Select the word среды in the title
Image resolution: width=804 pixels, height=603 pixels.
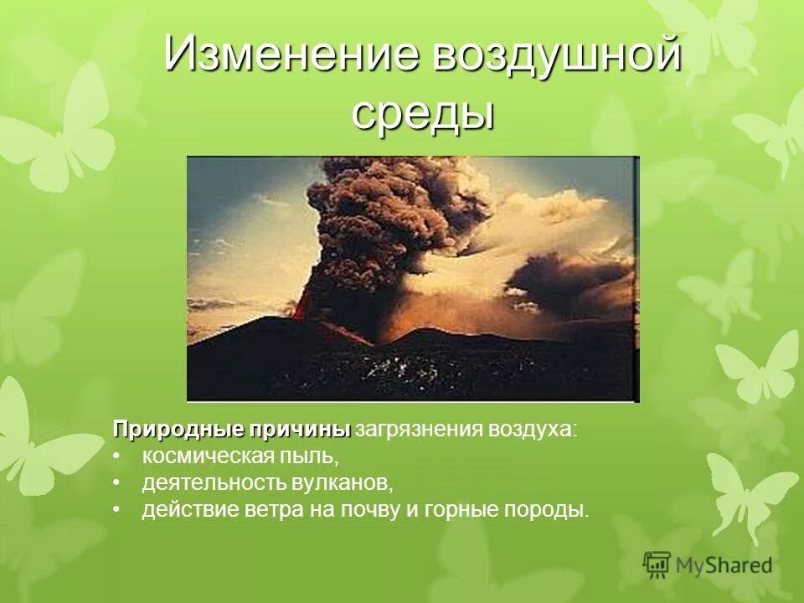pos(422,113)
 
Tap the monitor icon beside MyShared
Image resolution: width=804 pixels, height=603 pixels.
pos(657,564)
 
